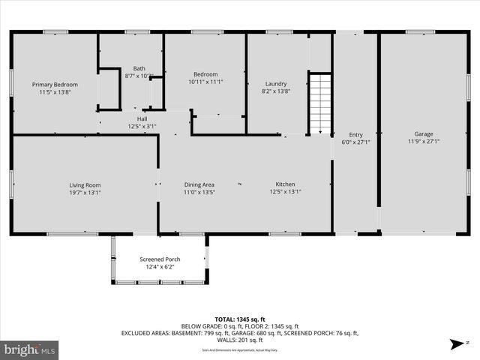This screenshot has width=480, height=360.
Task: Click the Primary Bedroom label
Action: click(x=55, y=85)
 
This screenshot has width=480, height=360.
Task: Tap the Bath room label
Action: click(x=139, y=68)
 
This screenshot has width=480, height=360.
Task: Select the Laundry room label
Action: click(x=276, y=83)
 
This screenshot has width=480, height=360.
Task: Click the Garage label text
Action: click(x=424, y=134)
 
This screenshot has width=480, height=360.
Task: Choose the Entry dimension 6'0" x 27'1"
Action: click(x=355, y=142)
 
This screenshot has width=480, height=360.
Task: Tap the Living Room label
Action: click(x=85, y=184)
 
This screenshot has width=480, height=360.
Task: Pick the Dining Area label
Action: click(x=199, y=184)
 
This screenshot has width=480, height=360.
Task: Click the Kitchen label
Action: click(x=285, y=184)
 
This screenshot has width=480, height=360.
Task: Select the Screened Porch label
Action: click(x=159, y=259)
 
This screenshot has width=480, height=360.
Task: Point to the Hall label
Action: click(x=142, y=118)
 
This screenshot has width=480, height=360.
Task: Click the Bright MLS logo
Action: click(x=30, y=349)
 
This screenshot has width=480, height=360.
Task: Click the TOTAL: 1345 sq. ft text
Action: click(x=240, y=319)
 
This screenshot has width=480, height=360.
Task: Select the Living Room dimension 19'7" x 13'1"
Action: click(x=85, y=192)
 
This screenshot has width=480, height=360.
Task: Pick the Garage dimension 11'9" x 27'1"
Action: click(x=424, y=142)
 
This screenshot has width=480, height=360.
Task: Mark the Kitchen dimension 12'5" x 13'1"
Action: click(x=285, y=192)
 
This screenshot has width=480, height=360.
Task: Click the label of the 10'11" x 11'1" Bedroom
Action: click(x=205, y=74)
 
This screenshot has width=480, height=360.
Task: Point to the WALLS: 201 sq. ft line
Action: click(x=240, y=340)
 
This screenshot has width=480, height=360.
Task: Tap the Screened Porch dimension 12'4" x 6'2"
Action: click(x=159, y=267)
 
